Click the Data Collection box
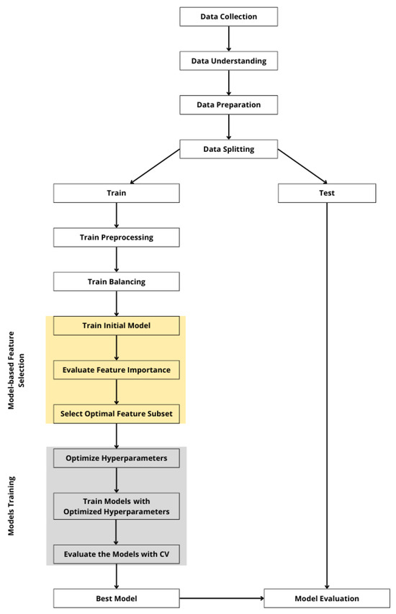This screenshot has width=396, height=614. pyautogui.click(x=228, y=16)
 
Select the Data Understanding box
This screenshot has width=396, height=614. pyautogui.click(x=228, y=61)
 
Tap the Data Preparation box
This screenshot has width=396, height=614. pyautogui.click(x=228, y=105)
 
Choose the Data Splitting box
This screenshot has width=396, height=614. pyautogui.click(x=228, y=150)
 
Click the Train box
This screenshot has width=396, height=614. pyautogui.click(x=116, y=193)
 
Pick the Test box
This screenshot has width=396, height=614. pyautogui.click(x=327, y=193)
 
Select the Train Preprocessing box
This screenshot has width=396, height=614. pyautogui.click(x=116, y=237)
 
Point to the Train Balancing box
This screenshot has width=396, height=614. pyautogui.click(x=116, y=281)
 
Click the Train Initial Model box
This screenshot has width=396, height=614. pyautogui.click(x=116, y=325)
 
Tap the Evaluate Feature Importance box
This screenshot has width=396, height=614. pyautogui.click(x=116, y=369)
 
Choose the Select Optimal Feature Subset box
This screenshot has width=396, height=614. pyautogui.click(x=116, y=414)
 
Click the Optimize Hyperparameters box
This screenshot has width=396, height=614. pyautogui.click(x=116, y=458)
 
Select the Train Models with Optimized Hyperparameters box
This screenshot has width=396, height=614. pyautogui.click(x=116, y=506)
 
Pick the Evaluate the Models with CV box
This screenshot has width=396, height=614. pyautogui.click(x=116, y=554)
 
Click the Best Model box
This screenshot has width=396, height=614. pyautogui.click(x=116, y=598)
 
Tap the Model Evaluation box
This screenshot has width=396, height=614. pyautogui.click(x=327, y=598)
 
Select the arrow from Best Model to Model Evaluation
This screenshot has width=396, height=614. pyautogui.click(x=221, y=598)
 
